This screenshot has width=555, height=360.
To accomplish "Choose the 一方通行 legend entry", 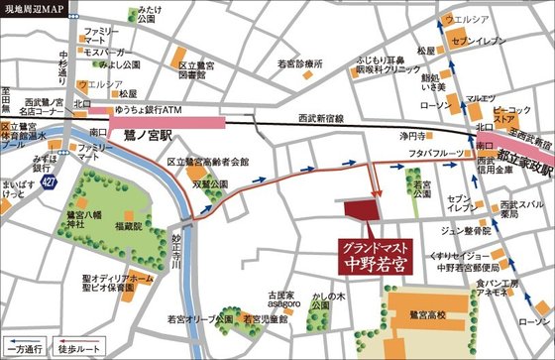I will (x=27, y=350).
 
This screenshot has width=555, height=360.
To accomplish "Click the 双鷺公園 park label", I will (x=210, y=183).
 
